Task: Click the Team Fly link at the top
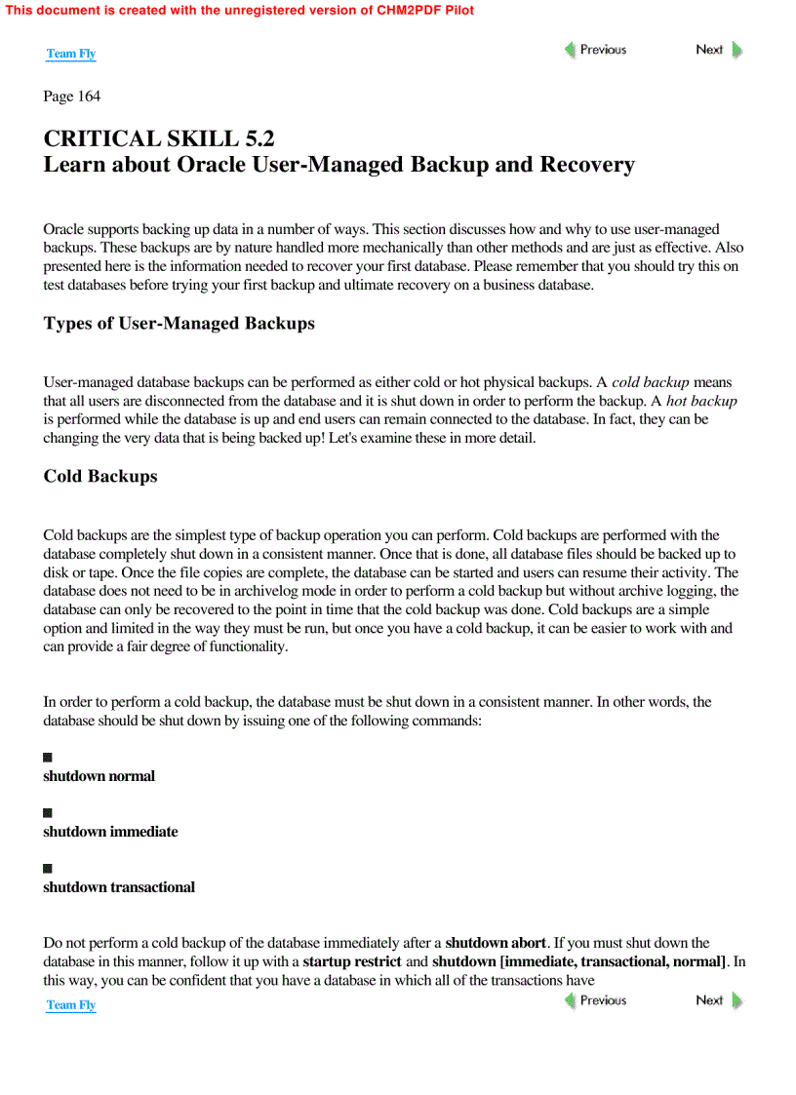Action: point(71,54)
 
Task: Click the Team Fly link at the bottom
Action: point(71,1004)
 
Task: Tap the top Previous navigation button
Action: point(595,50)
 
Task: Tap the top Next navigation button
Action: point(718,50)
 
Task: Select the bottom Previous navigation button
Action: point(595,1000)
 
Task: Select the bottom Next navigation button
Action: point(718,1000)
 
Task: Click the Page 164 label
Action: point(71,97)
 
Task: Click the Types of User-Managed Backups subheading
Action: point(179,324)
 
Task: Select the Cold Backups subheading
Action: point(99,477)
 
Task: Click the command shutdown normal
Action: point(99,776)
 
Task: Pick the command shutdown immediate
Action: point(110,832)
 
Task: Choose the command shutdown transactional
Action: point(118,887)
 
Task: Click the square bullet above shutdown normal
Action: point(48,758)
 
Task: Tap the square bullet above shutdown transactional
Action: point(48,869)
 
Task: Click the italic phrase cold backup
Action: point(652,382)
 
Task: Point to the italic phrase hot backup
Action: point(701,401)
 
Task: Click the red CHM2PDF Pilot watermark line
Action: point(240,10)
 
